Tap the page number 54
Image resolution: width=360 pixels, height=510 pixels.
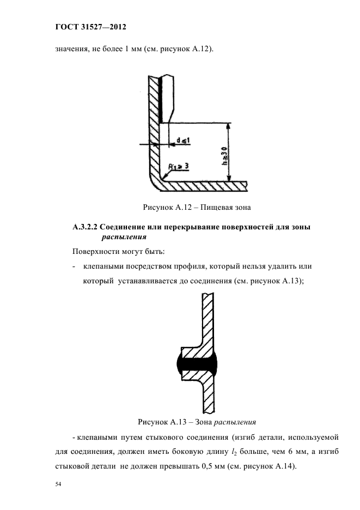[x=59, y=484]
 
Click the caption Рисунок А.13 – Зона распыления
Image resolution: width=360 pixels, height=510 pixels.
[x=197, y=421]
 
